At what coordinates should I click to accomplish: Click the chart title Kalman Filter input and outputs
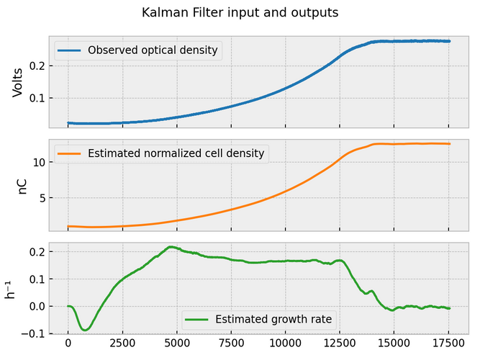coord(240,12)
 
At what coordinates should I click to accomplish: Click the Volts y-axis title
coord(18,81)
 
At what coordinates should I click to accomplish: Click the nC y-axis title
coord(22,183)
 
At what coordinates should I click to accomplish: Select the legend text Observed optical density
coord(153,50)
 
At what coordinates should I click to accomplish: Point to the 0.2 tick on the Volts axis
coord(38,66)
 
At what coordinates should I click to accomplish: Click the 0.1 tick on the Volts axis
coord(38,98)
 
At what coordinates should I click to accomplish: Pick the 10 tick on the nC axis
coord(41,163)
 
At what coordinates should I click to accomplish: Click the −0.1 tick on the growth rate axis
coord(35,334)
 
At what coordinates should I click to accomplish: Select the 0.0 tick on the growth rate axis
coord(38,307)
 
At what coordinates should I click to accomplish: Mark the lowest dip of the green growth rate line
coord(86,330)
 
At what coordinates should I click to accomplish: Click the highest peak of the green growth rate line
coord(171,247)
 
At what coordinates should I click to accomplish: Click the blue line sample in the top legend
coord(70,50)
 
